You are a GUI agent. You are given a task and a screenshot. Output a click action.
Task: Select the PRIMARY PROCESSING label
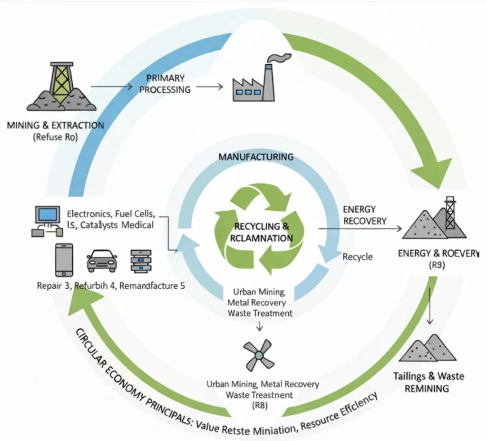click(165, 83)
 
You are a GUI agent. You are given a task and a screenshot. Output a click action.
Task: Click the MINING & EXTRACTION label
click(55, 126)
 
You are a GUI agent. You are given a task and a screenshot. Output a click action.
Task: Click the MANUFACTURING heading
click(256, 157)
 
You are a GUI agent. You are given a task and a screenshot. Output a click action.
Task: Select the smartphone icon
click(64, 260)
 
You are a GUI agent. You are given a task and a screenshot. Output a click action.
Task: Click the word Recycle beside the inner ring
click(357, 257)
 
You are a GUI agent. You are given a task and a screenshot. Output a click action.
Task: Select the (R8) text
click(260, 406)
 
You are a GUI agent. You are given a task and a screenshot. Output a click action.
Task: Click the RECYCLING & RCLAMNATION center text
click(261, 232)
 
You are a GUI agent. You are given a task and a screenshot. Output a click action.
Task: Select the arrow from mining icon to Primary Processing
click(110, 87)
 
